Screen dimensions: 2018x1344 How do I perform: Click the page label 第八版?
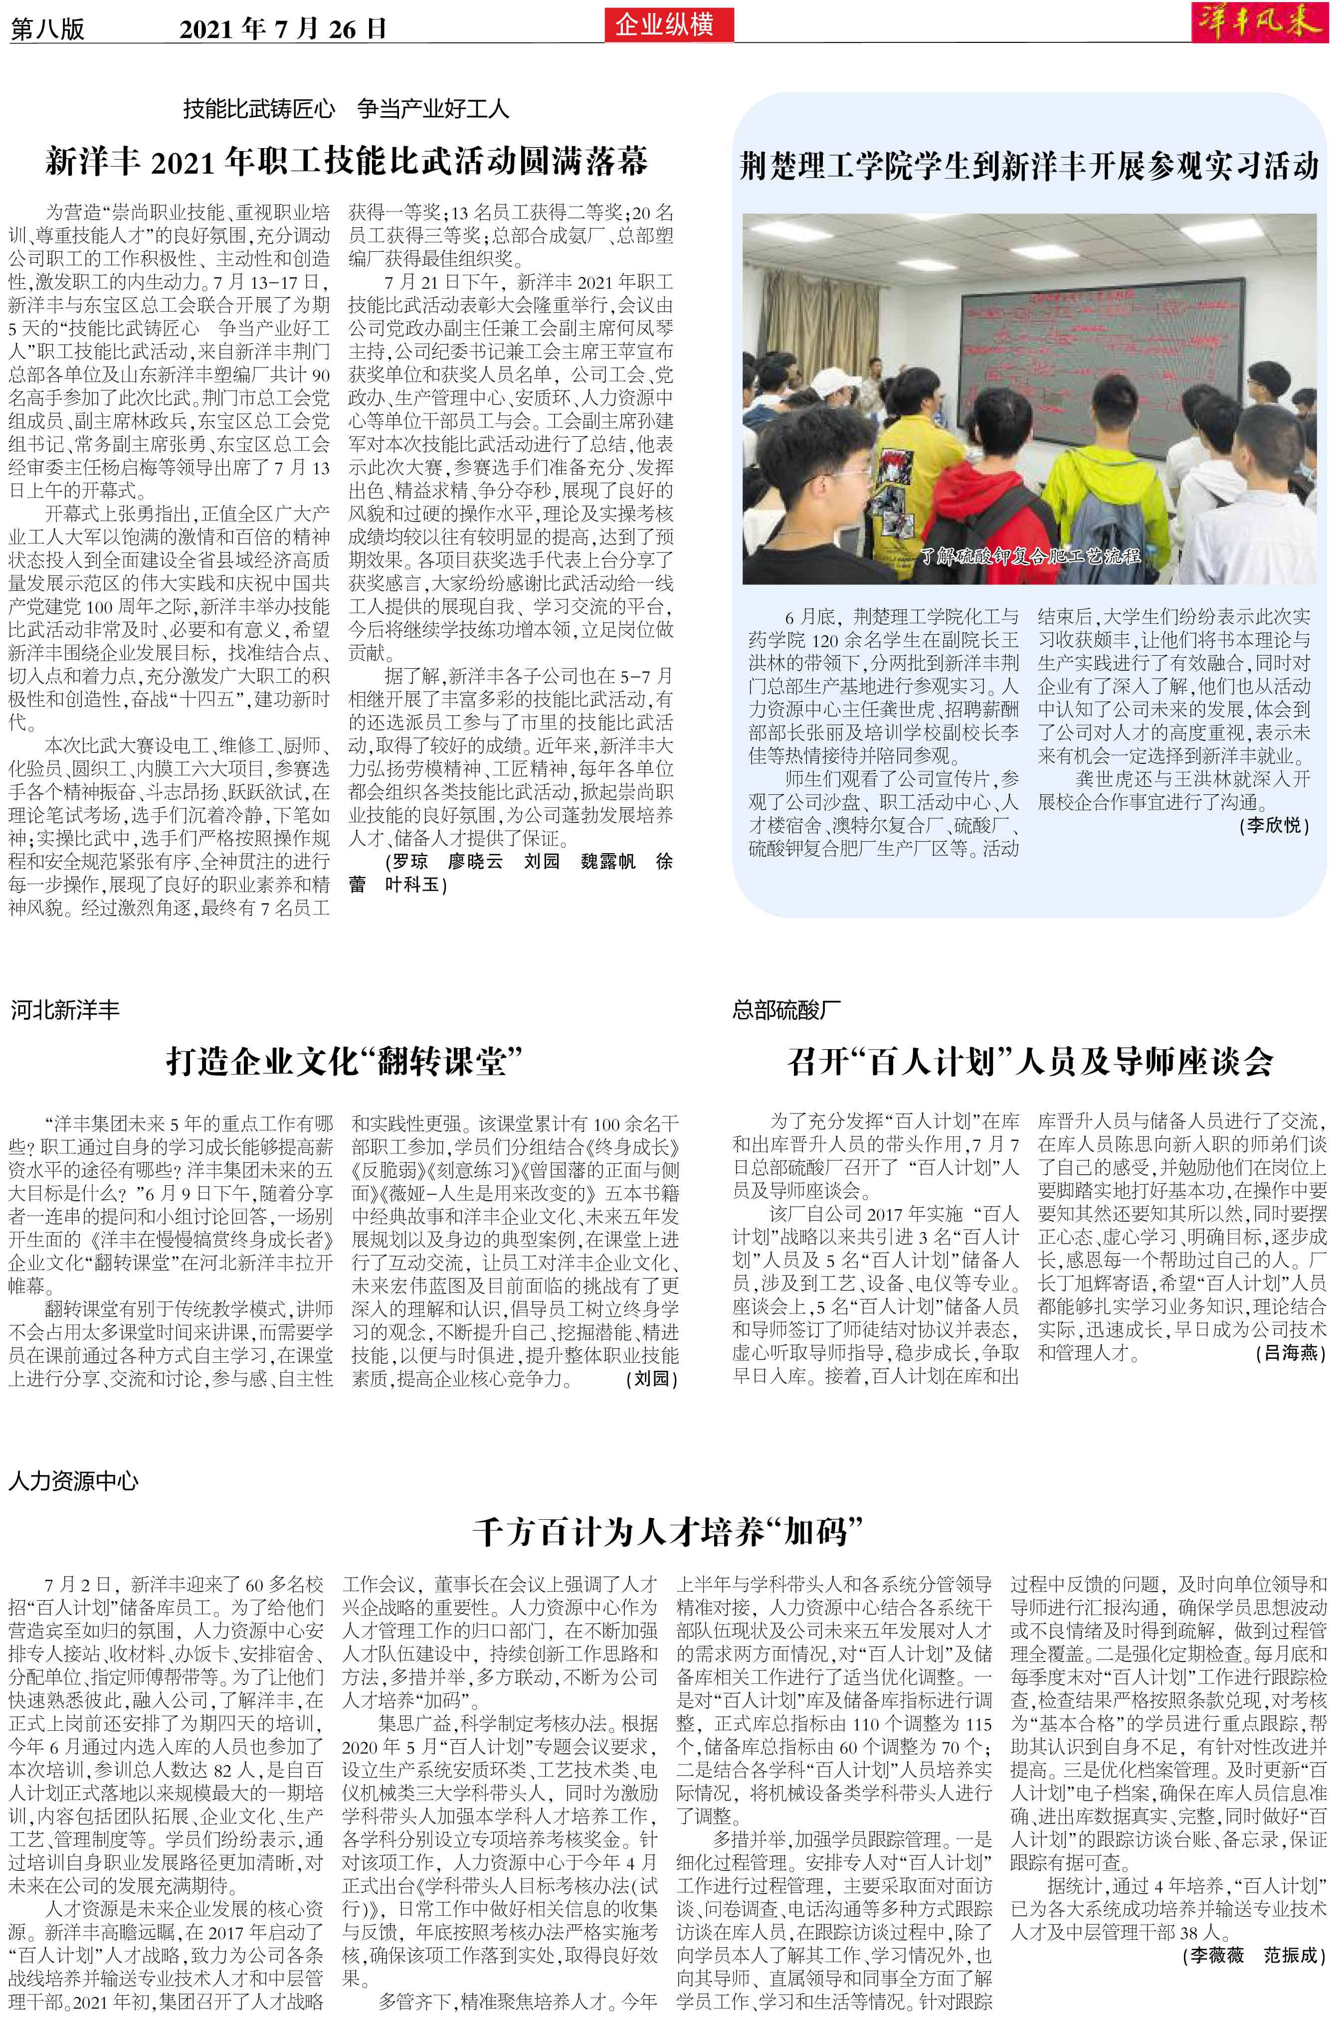tap(47, 29)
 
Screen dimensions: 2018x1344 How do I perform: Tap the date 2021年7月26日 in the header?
tap(283, 29)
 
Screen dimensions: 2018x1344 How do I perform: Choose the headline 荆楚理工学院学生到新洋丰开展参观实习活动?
tap(1028, 166)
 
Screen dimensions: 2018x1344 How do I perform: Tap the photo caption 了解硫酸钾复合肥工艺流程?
tap(1030, 555)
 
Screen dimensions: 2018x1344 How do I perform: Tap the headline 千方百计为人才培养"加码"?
tap(667, 1531)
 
